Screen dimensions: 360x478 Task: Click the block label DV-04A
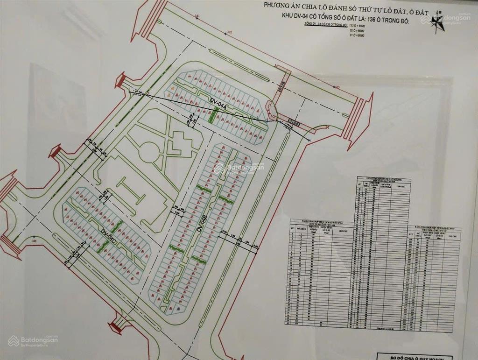[x=218, y=105]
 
